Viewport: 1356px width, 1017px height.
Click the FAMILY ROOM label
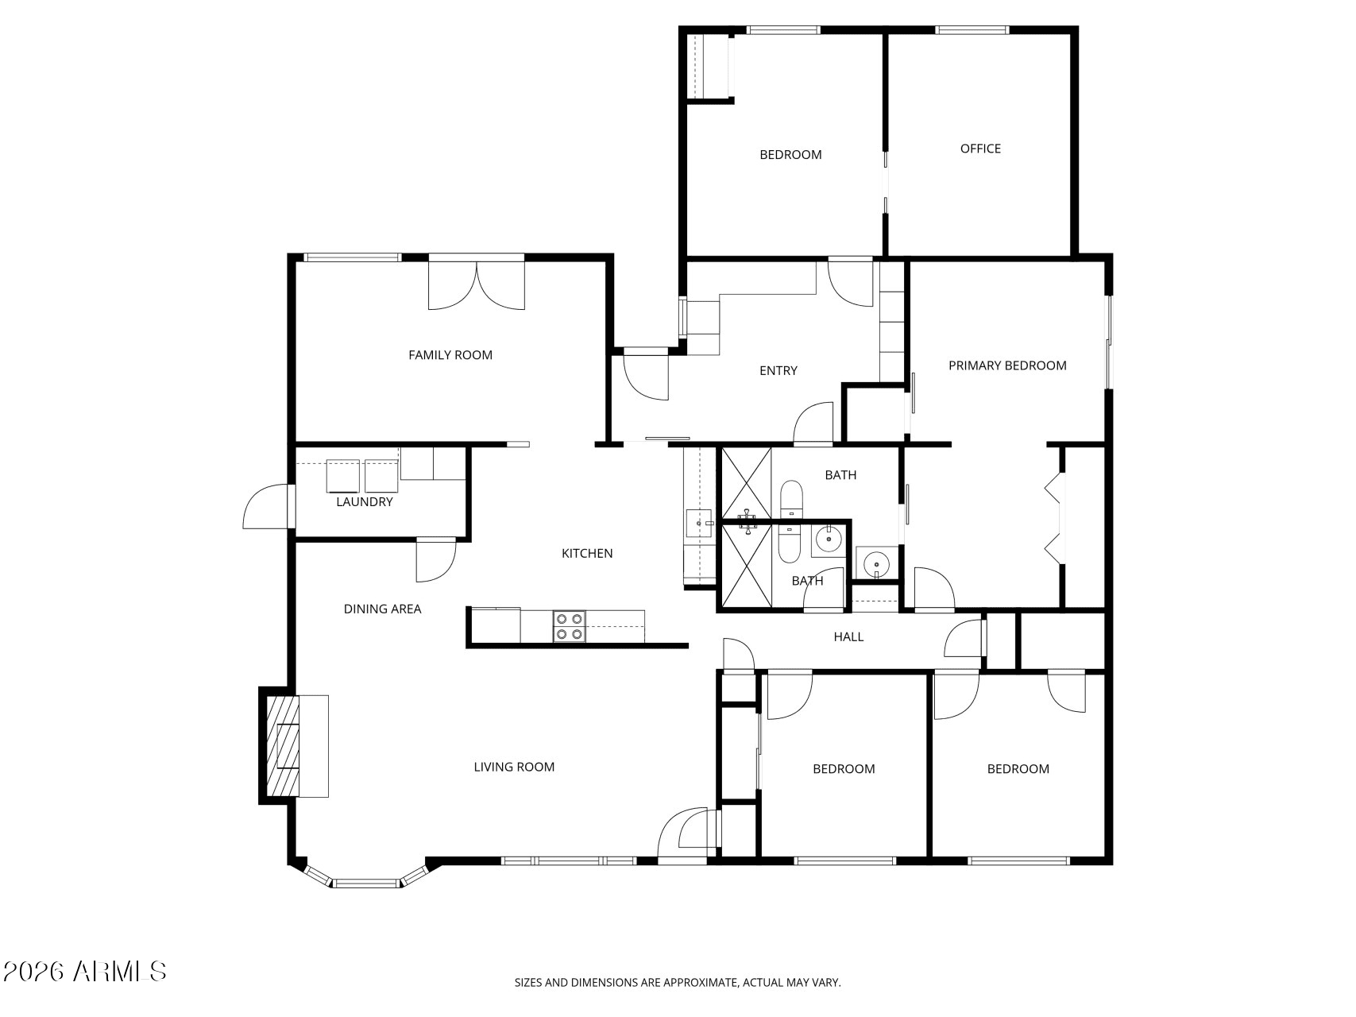point(450,355)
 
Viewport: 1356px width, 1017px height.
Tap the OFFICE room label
point(979,149)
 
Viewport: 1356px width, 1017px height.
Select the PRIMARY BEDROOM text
point(1006,365)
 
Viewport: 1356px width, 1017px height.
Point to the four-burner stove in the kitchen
point(569,626)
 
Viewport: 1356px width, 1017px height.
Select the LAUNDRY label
point(364,502)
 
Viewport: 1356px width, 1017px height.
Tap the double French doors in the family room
point(476,284)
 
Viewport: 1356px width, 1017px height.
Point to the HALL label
point(848,636)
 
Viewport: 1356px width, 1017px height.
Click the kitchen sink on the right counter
point(698,524)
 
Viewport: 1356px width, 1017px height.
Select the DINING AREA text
point(382,609)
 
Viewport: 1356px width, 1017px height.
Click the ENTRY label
point(778,370)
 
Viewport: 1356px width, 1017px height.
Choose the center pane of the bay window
point(365,883)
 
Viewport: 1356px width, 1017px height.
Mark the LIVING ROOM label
point(514,767)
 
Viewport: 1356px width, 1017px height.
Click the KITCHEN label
point(587,554)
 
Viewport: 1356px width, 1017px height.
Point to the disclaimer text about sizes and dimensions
point(677,983)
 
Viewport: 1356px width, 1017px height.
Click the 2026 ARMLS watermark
point(84,971)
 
